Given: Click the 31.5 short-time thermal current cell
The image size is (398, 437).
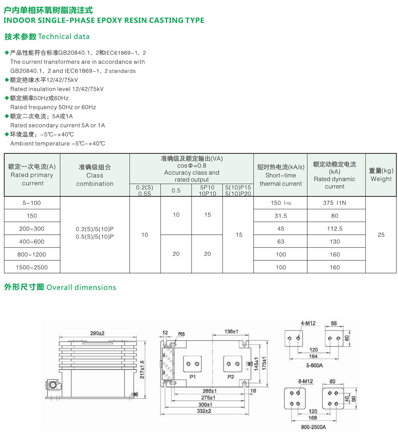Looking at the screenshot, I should coord(281,216).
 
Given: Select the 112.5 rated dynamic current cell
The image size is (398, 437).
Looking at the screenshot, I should coord(334,229).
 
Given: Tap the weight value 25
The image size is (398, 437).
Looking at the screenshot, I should coord(381,235).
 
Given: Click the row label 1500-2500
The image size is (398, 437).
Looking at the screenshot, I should coord(32,267).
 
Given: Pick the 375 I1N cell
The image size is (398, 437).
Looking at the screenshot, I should coord(334,203).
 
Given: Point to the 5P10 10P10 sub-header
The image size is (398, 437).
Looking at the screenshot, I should coord(207,190).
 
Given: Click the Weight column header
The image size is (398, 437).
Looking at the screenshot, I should coord(381,175).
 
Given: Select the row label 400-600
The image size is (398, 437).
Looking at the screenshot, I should coord(32,242).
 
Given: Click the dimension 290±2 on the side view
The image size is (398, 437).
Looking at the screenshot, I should coord(97,333).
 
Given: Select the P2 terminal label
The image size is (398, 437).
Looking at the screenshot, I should coord(230,377).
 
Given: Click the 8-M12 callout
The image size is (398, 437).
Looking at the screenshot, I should coord(305,381).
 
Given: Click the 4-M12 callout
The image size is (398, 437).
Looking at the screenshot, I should coord(308,324).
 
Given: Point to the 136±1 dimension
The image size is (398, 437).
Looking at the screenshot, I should coord(231,331).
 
